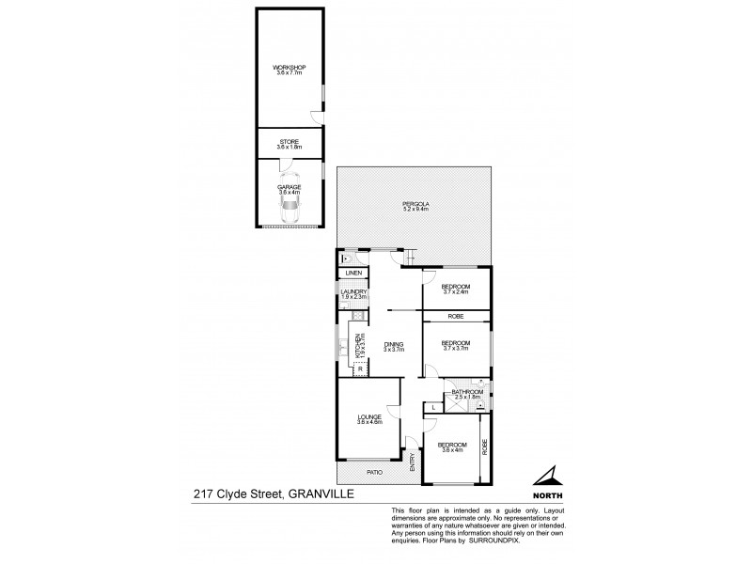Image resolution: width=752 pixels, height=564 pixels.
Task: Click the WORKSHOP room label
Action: tap(290, 69)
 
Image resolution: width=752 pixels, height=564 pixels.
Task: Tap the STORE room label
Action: tap(290, 143)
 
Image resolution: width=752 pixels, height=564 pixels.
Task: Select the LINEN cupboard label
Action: tap(353, 274)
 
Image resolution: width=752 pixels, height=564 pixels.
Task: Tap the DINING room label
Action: tap(394, 346)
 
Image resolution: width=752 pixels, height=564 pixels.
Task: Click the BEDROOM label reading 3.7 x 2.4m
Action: tap(455, 288)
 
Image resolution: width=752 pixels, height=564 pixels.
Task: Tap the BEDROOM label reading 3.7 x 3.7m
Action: tap(455, 345)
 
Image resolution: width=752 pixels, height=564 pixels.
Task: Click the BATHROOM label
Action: tap(466, 394)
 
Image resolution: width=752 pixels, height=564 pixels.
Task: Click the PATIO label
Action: tap(373, 471)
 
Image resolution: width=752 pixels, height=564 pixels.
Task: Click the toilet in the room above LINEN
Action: tap(347, 258)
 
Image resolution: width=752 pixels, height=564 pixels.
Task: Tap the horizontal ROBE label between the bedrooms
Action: tap(455, 316)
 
